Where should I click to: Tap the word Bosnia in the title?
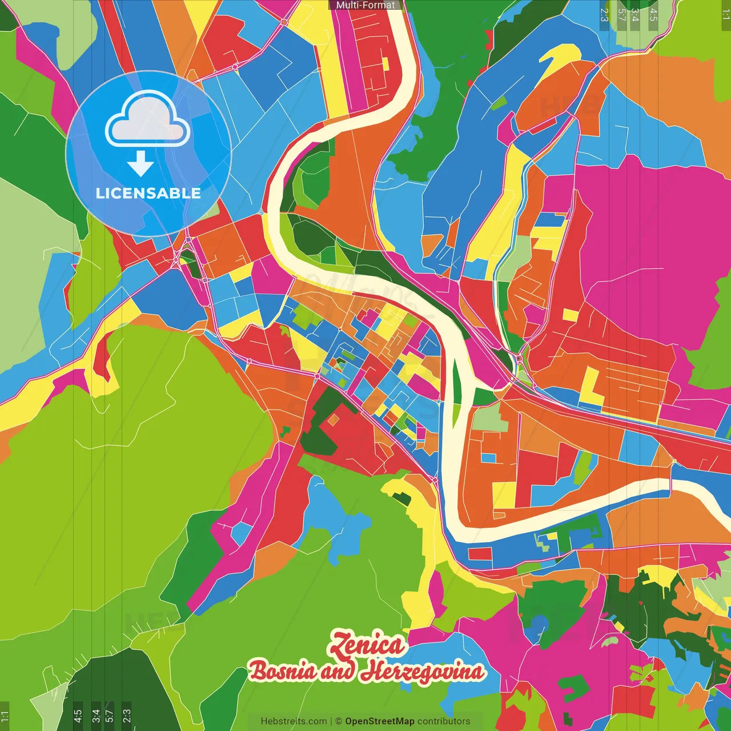pos(283,671)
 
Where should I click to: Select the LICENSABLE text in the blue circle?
pos(148,193)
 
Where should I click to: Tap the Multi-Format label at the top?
pos(365,5)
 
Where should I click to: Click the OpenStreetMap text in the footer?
pos(380,721)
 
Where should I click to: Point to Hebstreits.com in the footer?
pos(294,721)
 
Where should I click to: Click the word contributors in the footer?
pos(444,721)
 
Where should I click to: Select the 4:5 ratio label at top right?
pos(653,14)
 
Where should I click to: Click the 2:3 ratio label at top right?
pos(604,14)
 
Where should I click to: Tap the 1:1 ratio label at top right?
pos(725,14)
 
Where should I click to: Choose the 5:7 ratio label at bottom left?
pos(109,716)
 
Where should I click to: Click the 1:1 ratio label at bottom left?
pos(5,716)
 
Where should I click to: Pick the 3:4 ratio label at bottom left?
pos(95,716)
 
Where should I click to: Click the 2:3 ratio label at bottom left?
pos(126,716)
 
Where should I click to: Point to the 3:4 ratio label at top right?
pos(634,14)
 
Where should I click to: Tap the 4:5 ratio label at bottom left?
pos(78,716)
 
